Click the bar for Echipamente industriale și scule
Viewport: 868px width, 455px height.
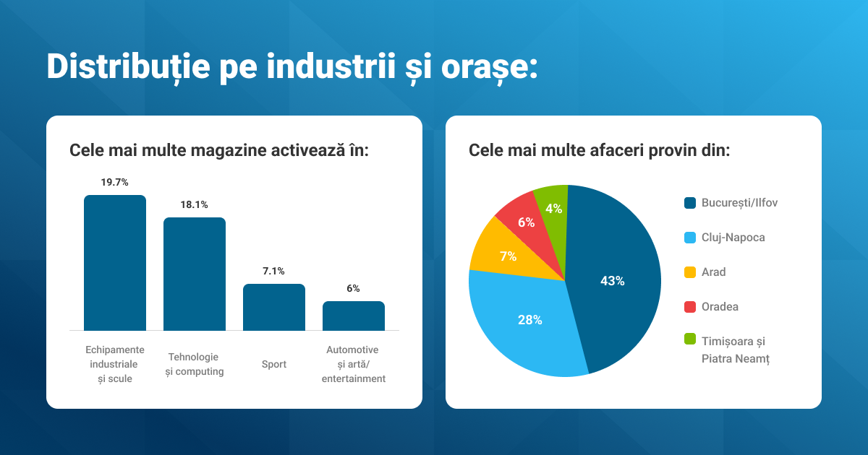(114, 263)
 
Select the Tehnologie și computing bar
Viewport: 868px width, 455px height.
(194, 274)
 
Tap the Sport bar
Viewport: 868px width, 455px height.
(273, 307)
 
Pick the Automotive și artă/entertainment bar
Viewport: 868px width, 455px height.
(353, 316)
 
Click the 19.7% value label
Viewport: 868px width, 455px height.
(114, 182)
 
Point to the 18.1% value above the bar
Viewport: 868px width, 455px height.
(194, 204)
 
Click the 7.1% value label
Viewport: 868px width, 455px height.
(273, 271)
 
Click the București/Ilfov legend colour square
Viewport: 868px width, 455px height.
(690, 203)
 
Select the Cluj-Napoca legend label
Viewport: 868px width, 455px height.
(733, 238)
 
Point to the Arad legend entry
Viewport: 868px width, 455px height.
(713, 272)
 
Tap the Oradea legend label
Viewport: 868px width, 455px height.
(720, 307)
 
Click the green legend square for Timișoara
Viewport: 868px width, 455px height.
(690, 339)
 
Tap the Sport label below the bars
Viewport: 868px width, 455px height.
(273, 365)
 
